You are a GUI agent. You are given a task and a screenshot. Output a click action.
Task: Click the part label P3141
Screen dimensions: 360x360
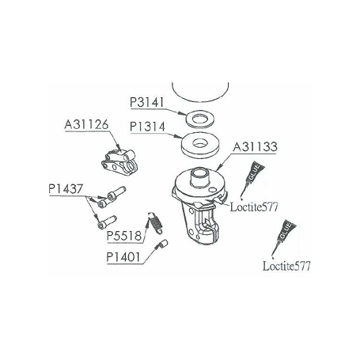pyautogui.click(x=147, y=102)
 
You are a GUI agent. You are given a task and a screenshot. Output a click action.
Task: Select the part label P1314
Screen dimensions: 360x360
pyautogui.click(x=147, y=127)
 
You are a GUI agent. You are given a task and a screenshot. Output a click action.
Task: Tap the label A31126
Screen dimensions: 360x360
pyautogui.click(x=86, y=124)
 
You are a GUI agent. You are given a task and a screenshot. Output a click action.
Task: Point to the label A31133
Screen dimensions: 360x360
pyautogui.click(x=255, y=146)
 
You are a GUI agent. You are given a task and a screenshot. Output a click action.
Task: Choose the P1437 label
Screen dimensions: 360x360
pyautogui.click(x=66, y=189)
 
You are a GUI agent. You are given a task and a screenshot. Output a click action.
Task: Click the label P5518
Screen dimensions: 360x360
pyautogui.click(x=124, y=236)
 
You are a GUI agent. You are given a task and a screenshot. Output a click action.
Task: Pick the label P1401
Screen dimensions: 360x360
pyautogui.click(x=123, y=257)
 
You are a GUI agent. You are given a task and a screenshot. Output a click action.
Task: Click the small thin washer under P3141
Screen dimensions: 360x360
pyautogui.click(x=199, y=119)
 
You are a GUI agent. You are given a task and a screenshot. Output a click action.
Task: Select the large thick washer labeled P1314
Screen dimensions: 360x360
pyautogui.click(x=200, y=146)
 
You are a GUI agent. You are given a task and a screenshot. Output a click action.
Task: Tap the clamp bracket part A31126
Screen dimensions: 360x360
pyautogui.click(x=120, y=162)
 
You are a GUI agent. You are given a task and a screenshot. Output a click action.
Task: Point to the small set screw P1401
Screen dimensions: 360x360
pyautogui.click(x=162, y=244)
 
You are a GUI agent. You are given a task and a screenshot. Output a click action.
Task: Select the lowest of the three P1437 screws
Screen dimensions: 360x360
pyautogui.click(x=107, y=222)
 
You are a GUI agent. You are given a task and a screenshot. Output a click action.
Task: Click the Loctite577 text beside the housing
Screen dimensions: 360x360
pyautogui.click(x=254, y=207)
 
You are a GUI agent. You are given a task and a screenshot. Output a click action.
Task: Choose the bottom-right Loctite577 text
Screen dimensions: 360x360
pyautogui.click(x=286, y=266)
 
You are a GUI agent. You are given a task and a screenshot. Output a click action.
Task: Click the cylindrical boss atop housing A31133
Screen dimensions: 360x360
pyautogui.click(x=200, y=177)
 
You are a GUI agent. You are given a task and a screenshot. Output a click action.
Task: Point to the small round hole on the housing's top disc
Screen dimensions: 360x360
pyautogui.click(x=212, y=190)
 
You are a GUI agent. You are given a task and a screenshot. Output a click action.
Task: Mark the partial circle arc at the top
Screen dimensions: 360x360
pyautogui.click(x=200, y=101)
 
